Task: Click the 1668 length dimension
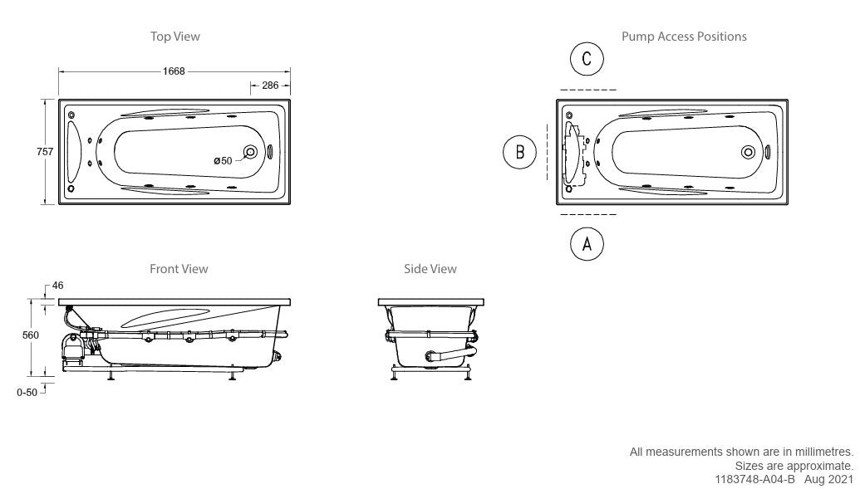174,71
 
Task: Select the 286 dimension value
270,86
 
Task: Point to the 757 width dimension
45,152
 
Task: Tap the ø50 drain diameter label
223,160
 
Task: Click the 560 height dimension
31,335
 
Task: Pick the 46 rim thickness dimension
57,286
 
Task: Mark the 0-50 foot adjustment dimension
27,393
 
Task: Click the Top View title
175,37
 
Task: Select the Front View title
179,269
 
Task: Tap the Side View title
430,269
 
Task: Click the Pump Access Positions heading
684,37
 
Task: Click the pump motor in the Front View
71,349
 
